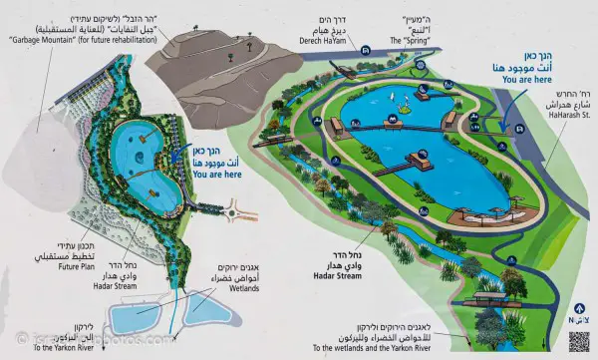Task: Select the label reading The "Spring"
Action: tap(412, 40)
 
